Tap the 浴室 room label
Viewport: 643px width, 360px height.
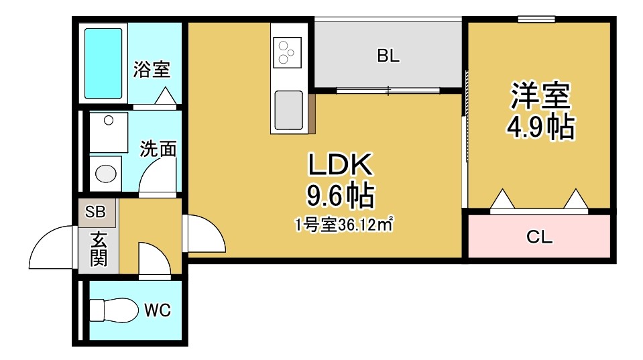[x=152, y=69]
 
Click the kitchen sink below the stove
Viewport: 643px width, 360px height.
[x=289, y=109]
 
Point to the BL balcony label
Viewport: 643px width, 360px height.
[x=388, y=56]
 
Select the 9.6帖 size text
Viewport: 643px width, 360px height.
[x=340, y=196]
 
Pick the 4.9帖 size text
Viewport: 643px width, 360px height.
[x=540, y=127]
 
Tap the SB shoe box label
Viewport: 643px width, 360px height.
[x=95, y=213]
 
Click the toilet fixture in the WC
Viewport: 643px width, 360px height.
[x=107, y=310]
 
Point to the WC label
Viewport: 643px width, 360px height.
[x=158, y=310]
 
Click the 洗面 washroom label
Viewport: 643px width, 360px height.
[x=158, y=149]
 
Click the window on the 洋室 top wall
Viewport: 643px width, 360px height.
[x=536, y=19]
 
